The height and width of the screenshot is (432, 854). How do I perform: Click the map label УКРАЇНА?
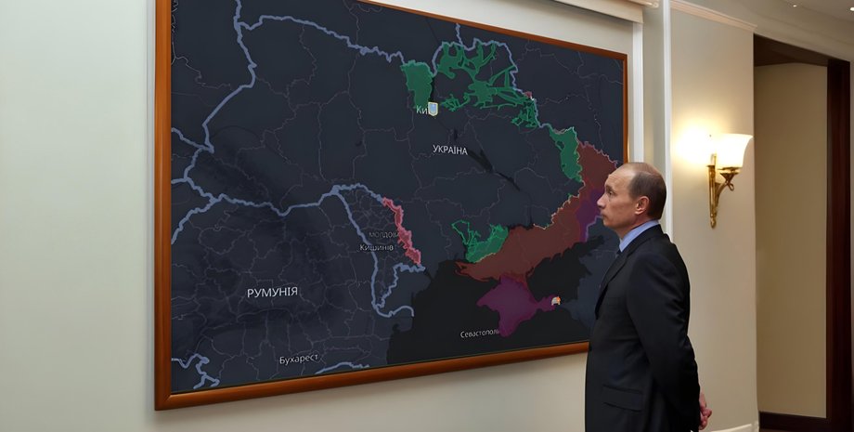tap(450, 150)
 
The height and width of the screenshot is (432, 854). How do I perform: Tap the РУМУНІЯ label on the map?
tap(272, 292)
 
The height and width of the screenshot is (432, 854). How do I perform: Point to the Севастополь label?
tap(480, 333)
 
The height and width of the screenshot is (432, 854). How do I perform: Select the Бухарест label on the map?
tap(300, 359)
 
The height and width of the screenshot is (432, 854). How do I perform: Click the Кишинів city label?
tap(376, 247)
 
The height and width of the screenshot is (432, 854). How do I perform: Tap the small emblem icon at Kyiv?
tap(433, 109)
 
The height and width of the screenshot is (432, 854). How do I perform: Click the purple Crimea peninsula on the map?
tap(514, 303)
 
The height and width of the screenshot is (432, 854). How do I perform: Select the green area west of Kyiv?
tap(418, 82)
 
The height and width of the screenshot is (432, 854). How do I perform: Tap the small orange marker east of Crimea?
tap(556, 300)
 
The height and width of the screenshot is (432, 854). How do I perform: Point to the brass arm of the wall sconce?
tap(716, 191)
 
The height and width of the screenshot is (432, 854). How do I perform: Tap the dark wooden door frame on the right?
tap(838, 232)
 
